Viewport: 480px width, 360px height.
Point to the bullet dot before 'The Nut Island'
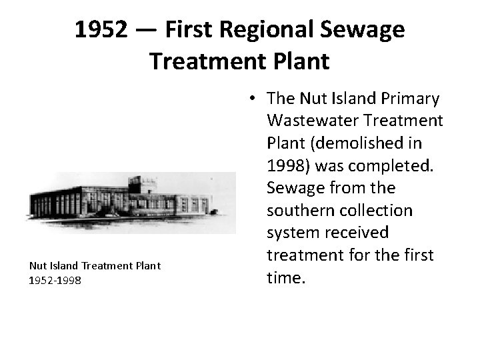255,99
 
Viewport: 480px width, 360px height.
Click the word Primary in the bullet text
410,99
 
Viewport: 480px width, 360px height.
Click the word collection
377,211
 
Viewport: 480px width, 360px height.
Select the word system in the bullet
290,233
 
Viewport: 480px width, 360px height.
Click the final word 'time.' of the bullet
285,277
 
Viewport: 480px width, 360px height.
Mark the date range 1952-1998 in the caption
55,281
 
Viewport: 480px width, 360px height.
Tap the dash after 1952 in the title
149,30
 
